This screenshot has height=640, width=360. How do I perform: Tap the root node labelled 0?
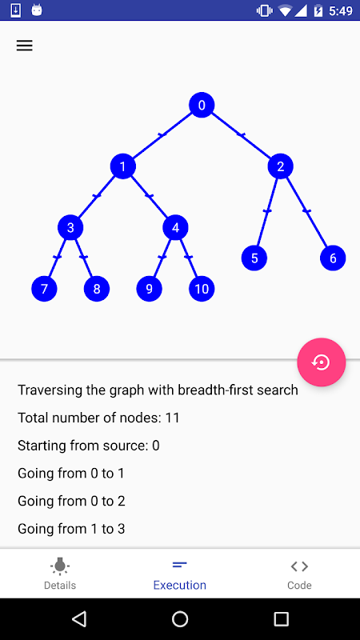(202, 105)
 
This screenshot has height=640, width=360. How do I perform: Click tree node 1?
(123, 166)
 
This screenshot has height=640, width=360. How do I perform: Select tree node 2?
(281, 166)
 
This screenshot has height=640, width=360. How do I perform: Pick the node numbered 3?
(70, 227)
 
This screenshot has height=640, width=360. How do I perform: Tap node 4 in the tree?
(175, 227)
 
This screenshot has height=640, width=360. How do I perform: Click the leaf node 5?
(254, 258)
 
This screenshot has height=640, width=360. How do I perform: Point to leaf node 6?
(333, 258)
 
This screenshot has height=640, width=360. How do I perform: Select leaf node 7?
(44, 289)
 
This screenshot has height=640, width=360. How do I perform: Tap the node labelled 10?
(202, 289)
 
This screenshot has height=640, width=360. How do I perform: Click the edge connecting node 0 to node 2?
(242, 135)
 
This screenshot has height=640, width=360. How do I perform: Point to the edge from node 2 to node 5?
(267, 212)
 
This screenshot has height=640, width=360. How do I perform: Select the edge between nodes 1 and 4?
(150, 197)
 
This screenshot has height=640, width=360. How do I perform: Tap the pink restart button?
(322, 362)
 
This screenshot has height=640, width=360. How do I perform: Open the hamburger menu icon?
(25, 46)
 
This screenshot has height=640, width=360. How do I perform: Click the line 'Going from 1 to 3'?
(71, 529)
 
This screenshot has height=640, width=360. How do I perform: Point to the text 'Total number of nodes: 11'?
(98, 418)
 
